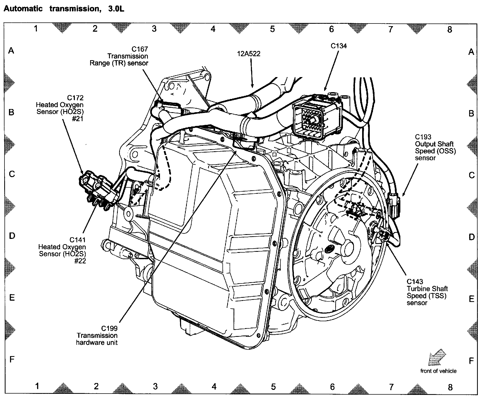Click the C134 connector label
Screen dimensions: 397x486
point(339,46)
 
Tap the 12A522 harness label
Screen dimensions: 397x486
point(249,54)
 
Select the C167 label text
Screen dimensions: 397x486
point(140,49)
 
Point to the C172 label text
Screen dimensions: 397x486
point(75,98)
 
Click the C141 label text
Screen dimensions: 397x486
point(77,240)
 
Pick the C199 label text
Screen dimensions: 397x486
point(109,329)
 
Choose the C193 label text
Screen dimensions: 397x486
point(423,137)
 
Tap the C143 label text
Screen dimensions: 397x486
point(415,282)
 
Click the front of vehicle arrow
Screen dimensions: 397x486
point(438,358)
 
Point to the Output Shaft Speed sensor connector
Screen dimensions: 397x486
point(393,204)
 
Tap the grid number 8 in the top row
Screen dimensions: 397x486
point(450,29)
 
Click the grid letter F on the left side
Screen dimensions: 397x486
point(12,359)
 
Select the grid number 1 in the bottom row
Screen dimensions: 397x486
point(37,386)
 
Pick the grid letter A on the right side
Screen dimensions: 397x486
point(471,52)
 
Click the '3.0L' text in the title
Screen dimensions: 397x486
point(116,9)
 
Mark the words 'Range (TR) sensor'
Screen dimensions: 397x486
point(119,63)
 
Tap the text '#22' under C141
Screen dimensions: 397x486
point(80,261)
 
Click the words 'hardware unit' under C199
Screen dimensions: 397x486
point(97,343)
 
